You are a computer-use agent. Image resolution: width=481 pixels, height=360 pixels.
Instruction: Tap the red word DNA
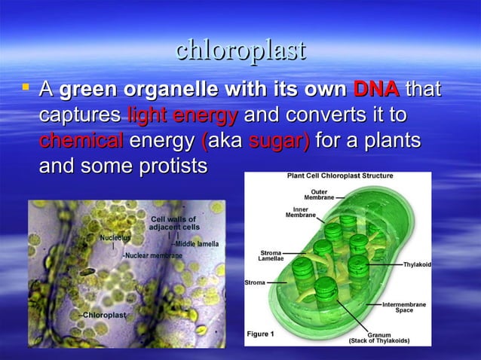pos(376,90)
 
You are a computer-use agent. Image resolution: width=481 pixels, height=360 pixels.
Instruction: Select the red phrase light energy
pos(183,116)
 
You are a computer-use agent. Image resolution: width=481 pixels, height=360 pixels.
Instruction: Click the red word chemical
pos(81,141)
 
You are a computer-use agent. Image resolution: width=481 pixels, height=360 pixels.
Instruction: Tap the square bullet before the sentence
pos(26,90)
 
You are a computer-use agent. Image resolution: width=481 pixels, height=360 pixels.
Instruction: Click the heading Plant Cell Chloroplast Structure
pos(339,176)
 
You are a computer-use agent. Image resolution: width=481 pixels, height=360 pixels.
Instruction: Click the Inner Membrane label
pos(300,212)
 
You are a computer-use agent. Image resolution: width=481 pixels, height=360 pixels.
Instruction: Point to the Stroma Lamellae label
pos(271,256)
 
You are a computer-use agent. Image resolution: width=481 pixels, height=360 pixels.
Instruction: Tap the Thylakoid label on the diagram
pos(417,265)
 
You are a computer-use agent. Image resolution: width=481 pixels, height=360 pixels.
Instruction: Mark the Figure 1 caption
pos(261,333)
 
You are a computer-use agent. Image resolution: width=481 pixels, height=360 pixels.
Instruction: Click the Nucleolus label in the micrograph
pos(115,237)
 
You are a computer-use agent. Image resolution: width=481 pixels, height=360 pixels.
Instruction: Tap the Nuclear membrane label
pos(153,255)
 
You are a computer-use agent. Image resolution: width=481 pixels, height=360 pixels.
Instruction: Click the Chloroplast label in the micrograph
pos(103,314)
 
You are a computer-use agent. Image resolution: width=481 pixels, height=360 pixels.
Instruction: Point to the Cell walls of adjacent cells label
pos(174,222)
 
